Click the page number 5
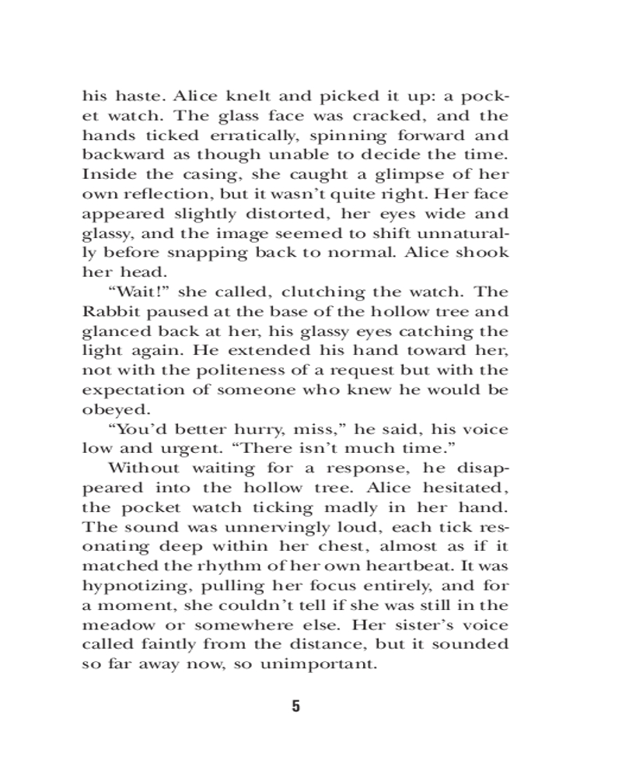[x=295, y=706]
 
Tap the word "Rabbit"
[x=109, y=311]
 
